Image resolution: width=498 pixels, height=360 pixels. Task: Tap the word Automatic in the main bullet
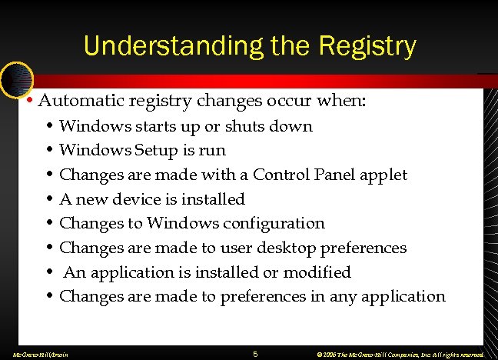pyautogui.click(x=79, y=101)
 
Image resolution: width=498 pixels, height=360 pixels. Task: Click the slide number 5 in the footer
pyautogui.click(x=256, y=354)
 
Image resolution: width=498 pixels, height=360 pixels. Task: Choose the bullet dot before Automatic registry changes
pyautogui.click(x=28, y=101)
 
